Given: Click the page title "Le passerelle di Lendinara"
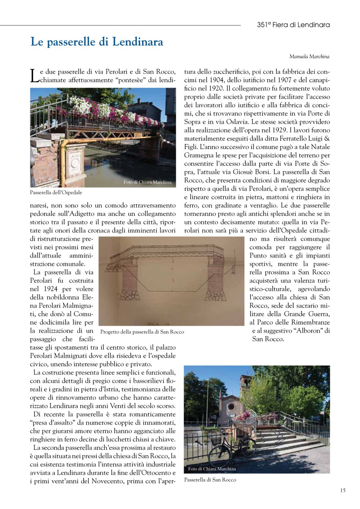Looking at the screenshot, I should [x=96, y=42].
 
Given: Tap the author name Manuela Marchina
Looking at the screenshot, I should [x=309, y=57].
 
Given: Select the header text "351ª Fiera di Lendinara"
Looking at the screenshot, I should [x=293, y=25].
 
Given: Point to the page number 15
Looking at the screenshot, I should [x=343, y=490].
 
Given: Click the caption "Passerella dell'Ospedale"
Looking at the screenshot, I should [x=56, y=193].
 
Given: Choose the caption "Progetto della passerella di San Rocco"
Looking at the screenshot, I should [x=142, y=332].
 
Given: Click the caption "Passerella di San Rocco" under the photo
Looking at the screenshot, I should [x=210, y=480].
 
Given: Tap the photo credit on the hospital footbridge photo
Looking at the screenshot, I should [x=147, y=182].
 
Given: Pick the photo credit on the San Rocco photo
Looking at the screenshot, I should [x=212, y=469].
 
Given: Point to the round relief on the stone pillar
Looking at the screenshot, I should [x=76, y=164].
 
